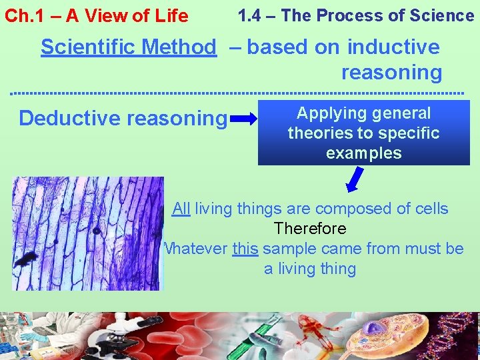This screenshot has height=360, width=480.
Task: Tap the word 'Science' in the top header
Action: (440, 15)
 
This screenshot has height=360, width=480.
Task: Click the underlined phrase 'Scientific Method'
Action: (128, 47)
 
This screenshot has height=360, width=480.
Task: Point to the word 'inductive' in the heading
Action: (393, 47)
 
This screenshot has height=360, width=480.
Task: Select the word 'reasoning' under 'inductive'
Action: (391, 72)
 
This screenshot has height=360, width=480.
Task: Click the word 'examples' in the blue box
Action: (364, 153)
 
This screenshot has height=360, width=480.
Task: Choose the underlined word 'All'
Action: (181, 209)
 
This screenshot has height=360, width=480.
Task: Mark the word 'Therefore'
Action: (310, 229)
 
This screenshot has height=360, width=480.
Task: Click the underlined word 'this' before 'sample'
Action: (245, 249)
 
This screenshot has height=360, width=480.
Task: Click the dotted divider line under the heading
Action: (240, 92)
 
